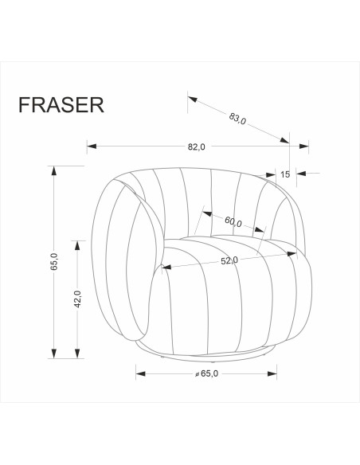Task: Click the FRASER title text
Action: [x=60, y=106]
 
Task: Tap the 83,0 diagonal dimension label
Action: [x=237, y=119]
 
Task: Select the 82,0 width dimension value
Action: [x=197, y=147]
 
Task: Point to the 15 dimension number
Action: [x=284, y=174]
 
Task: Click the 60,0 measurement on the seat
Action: [x=233, y=223]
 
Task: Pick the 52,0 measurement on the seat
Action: [x=229, y=260]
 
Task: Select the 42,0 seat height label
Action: [x=77, y=299]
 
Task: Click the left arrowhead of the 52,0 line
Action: [x=166, y=268]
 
